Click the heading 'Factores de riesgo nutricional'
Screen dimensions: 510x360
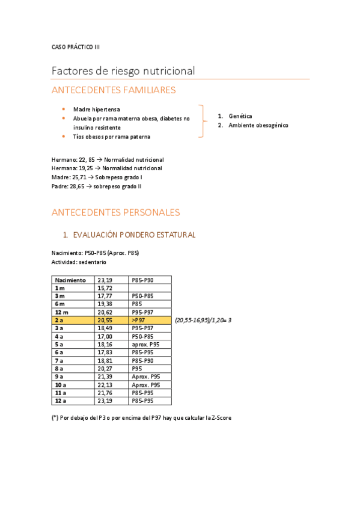123,71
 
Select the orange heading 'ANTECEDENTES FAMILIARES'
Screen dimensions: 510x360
114,90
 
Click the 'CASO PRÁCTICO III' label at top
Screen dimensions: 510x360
76,47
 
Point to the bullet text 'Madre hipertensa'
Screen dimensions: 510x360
96,109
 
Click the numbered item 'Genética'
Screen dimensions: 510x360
240,116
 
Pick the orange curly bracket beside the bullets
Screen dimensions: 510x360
203,121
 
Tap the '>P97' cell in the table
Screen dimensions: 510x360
139,321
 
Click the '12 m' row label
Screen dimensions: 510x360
62,313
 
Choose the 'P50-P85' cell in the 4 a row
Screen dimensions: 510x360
142,337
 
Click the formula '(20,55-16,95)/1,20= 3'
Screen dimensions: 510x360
203,321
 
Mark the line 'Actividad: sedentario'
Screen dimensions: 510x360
79,262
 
